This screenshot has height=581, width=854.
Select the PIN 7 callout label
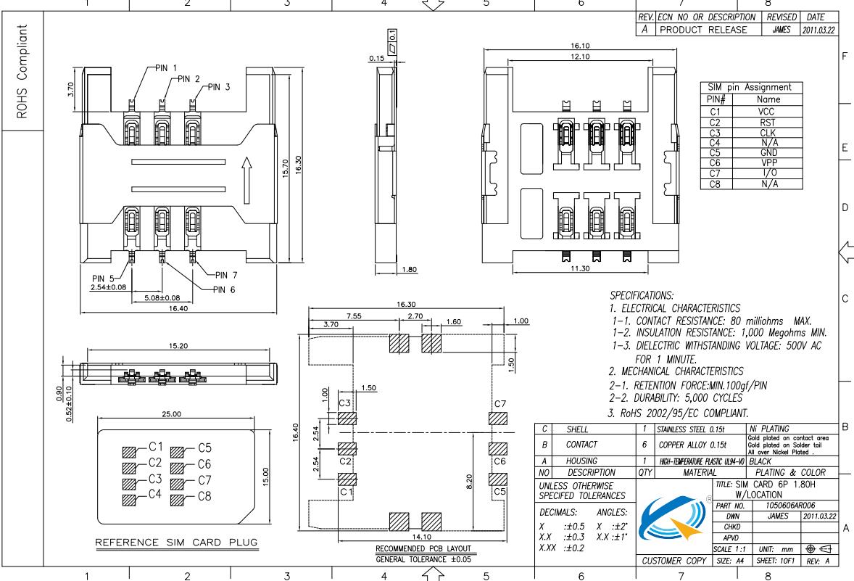click(x=226, y=275)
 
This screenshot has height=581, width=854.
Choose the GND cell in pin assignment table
click(x=766, y=153)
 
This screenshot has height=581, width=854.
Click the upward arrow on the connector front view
click(x=247, y=175)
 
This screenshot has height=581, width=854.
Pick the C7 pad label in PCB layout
click(x=499, y=403)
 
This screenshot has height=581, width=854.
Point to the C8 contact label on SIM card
click(x=204, y=497)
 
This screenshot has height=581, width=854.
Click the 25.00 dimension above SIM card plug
click(x=173, y=415)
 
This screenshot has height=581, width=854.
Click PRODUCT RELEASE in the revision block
click(x=703, y=30)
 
